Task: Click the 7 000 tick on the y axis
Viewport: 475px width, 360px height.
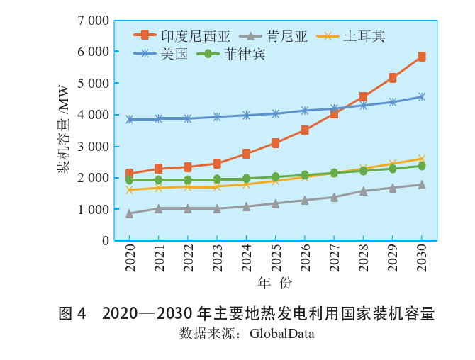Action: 92,21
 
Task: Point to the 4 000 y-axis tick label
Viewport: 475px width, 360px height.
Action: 92,115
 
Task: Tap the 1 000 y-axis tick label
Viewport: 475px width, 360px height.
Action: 92,209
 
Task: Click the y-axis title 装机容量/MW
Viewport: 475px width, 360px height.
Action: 63,129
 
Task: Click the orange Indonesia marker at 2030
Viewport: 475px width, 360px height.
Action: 422,57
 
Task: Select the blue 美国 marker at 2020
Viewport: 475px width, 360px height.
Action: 130,120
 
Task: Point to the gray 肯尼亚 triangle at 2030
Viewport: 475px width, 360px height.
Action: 422,184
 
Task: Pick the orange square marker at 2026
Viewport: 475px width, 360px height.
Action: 305,130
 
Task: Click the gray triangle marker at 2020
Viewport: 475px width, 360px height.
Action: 130,213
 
